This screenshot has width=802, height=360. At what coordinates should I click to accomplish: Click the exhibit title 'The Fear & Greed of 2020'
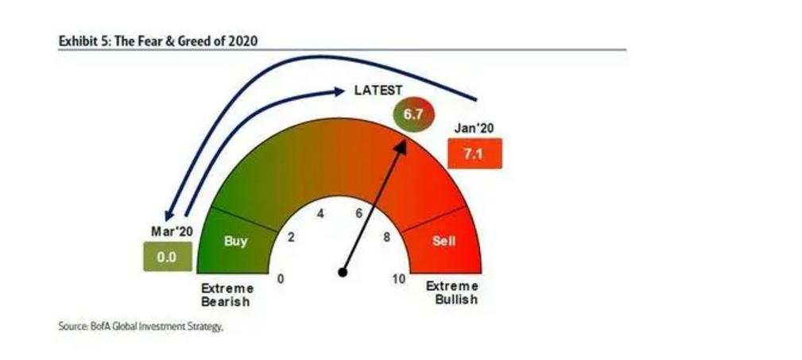click(186, 41)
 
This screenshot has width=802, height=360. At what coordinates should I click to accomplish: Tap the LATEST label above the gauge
click(378, 91)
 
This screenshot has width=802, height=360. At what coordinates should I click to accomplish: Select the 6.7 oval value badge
click(413, 114)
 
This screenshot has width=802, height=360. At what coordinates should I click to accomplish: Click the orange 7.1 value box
click(475, 153)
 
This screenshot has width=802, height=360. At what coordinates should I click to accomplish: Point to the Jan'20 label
click(475, 129)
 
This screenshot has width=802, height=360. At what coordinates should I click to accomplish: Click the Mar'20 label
click(172, 231)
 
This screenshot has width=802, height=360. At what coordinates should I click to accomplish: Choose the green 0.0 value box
click(167, 257)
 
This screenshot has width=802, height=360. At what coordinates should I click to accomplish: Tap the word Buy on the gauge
click(236, 240)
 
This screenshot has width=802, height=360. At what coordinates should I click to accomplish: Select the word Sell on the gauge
click(444, 240)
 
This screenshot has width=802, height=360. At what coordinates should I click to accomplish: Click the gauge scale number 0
click(281, 279)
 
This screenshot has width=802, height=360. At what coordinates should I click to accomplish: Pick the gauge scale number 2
click(291, 237)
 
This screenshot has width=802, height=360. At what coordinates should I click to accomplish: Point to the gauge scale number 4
click(320, 214)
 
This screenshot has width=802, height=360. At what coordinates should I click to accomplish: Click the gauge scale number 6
click(358, 213)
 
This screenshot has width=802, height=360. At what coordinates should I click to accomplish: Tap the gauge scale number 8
click(386, 237)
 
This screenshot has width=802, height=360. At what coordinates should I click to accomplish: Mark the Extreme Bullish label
click(452, 292)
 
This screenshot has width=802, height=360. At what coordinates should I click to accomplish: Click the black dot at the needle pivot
click(343, 273)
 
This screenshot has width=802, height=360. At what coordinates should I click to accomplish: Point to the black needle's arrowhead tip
click(405, 141)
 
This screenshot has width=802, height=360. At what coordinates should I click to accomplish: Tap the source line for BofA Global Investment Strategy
click(141, 327)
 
